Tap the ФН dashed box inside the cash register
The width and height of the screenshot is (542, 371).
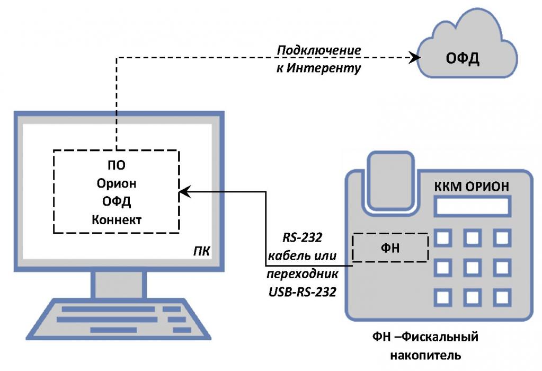(390, 248)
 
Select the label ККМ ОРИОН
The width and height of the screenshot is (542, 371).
(472, 187)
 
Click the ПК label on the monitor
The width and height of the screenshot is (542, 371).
(201, 250)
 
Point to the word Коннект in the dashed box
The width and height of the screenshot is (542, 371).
(117, 220)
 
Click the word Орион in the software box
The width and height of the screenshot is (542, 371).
(117, 183)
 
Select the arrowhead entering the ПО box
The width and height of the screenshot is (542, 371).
(183, 192)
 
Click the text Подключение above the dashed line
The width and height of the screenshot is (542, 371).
(319, 50)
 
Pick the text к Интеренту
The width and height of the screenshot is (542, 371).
(318, 68)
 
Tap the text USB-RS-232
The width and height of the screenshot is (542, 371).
(302, 291)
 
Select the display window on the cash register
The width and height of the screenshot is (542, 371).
(472, 206)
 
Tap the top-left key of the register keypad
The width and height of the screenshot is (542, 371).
(442, 238)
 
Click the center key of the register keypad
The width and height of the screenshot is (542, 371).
(472, 267)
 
